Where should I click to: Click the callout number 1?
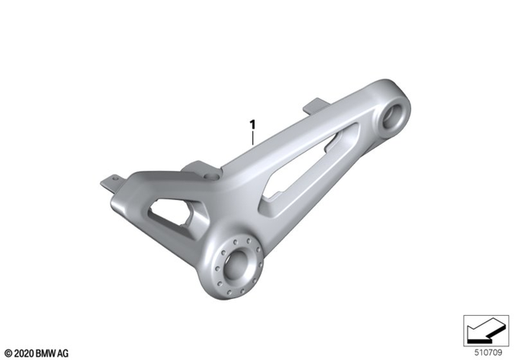point(253,125)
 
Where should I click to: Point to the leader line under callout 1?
point(253,138)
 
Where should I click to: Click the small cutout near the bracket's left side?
point(176,216)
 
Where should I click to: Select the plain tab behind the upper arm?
point(316,105)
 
